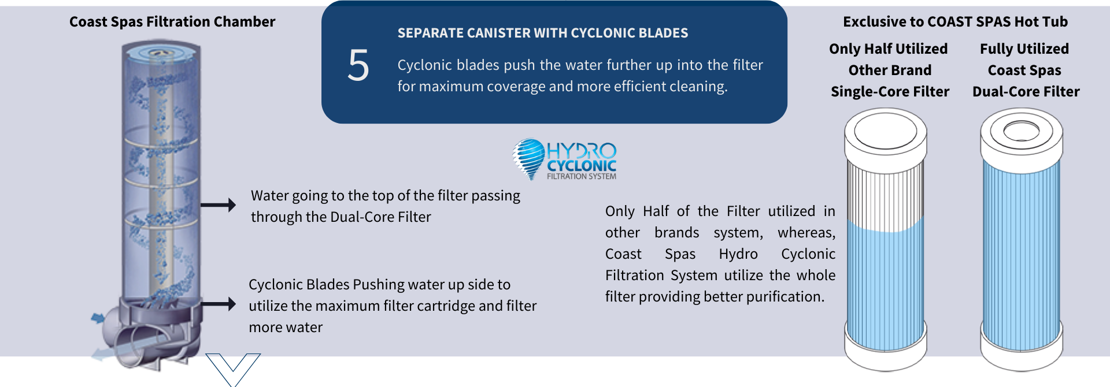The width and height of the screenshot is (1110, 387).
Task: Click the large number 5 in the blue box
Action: pyautogui.click(x=358, y=65)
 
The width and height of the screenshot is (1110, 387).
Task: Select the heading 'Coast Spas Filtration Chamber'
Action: pyautogui.click(x=172, y=22)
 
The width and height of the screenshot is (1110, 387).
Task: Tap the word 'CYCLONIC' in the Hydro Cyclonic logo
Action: pyautogui.click(x=582, y=166)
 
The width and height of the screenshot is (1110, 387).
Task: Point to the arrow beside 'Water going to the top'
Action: pyautogui.click(x=218, y=204)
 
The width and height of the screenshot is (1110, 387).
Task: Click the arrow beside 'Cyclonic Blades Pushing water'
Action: pyautogui.click(x=218, y=304)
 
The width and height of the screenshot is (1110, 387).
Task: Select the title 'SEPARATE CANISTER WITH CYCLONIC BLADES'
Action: pyautogui.click(x=543, y=34)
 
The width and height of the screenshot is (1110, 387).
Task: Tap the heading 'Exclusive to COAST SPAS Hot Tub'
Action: pyautogui.click(x=955, y=22)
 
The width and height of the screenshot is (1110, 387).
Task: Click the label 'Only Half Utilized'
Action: pyautogui.click(x=889, y=49)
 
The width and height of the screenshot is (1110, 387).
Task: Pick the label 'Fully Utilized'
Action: pyautogui.click(x=1024, y=49)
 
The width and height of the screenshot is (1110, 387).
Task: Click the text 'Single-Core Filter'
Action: pyautogui.click(x=890, y=92)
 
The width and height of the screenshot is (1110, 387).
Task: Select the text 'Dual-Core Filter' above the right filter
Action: pyautogui.click(x=1026, y=92)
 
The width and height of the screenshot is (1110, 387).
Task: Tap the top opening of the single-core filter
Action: pyautogui.click(x=885, y=130)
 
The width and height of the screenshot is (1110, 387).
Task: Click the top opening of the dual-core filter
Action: pyautogui.click(x=1022, y=131)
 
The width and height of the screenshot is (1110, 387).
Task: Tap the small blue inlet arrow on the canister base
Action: pyautogui.click(x=98, y=317)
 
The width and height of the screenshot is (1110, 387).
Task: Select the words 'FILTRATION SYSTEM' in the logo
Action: pyautogui.click(x=582, y=177)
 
